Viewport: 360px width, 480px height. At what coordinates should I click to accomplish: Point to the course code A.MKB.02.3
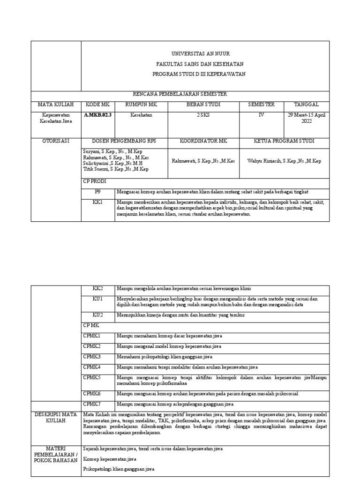98,114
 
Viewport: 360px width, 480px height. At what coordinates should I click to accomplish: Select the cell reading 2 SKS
203,114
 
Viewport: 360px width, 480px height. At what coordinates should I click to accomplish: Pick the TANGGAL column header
307,105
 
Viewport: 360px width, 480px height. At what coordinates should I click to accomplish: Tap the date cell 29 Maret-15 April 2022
307,118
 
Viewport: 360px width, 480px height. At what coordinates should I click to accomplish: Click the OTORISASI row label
56,141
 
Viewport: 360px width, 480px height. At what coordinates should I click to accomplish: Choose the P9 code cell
98,192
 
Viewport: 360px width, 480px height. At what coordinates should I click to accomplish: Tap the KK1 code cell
98,202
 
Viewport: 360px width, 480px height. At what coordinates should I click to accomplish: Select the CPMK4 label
92,366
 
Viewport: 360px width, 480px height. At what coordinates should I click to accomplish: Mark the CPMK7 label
92,403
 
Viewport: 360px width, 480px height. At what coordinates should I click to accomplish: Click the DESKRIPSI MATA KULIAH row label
56,418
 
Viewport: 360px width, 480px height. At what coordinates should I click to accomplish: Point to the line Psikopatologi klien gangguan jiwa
119,469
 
